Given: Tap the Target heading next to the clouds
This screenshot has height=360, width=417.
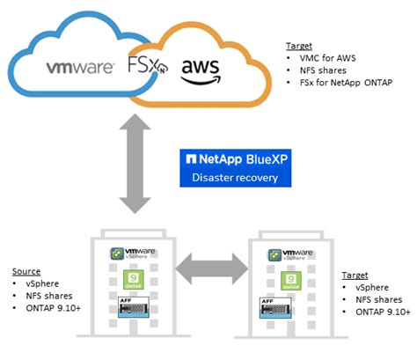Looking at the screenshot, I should coord(301,46).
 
